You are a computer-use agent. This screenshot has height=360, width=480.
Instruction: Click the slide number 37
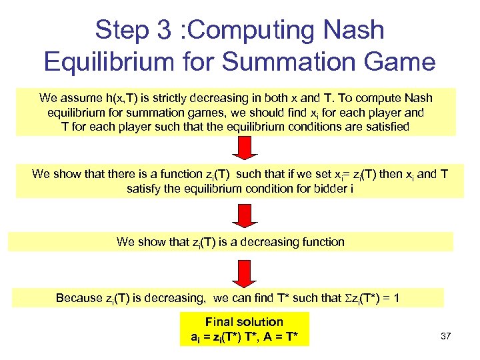[446, 336]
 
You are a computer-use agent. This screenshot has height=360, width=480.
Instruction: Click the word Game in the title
[401, 62]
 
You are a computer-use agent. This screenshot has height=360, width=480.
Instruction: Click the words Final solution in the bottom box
[244, 322]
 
